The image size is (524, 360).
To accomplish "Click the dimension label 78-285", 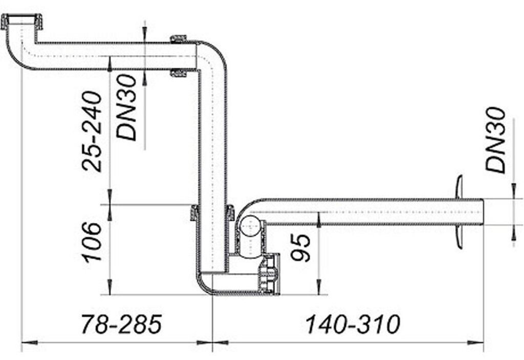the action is [122, 324].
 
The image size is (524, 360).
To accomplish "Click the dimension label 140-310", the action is [353, 324].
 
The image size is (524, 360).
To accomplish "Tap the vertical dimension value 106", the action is [92, 241].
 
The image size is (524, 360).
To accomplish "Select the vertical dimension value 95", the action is [300, 247].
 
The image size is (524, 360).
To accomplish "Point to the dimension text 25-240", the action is [92, 131].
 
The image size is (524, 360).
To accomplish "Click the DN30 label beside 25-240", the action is [126, 107].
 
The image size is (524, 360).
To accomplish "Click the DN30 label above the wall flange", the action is [495, 140].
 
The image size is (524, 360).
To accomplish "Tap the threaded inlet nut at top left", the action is [21, 21].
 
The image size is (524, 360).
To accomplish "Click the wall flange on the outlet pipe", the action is [460, 212].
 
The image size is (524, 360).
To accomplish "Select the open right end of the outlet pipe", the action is [483, 212].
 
